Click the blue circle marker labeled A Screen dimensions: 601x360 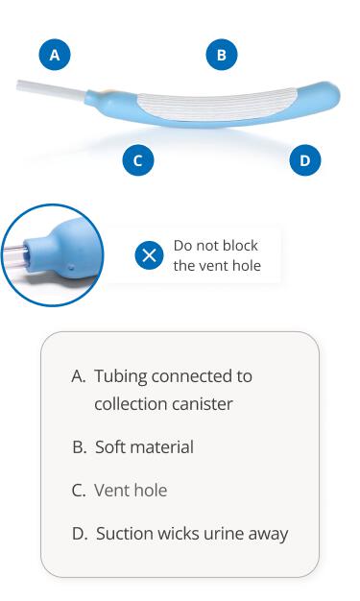click(x=55, y=56)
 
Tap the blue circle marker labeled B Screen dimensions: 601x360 click(x=222, y=56)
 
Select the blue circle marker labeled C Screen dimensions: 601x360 click(x=138, y=160)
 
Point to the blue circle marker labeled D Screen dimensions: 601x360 click(x=305, y=160)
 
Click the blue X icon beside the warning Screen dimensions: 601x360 click(x=149, y=255)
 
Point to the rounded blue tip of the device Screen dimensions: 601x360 click(x=327, y=96)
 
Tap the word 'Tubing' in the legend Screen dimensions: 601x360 click(x=122, y=375)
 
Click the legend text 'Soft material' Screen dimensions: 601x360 click(x=144, y=447)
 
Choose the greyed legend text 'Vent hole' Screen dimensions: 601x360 click(x=131, y=491)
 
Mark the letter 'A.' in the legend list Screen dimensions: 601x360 click(x=79, y=375)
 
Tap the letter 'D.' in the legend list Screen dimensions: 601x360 click(x=80, y=534)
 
